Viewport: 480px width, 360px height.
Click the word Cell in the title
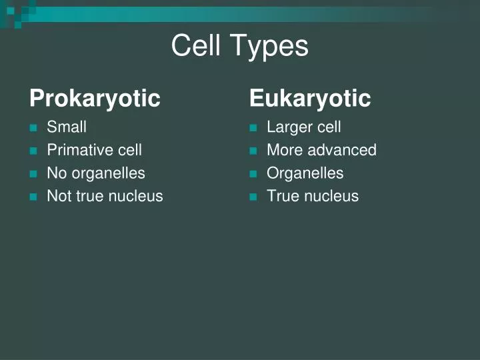(x=196, y=46)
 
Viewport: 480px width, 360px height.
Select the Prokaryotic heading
(x=95, y=99)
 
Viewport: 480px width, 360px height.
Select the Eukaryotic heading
(x=310, y=99)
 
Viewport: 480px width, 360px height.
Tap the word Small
(x=67, y=127)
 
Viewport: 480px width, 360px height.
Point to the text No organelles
(x=96, y=173)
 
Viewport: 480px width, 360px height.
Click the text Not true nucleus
(x=105, y=196)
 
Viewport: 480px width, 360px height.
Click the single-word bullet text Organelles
(x=305, y=173)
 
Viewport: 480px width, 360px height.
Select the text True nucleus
(x=313, y=196)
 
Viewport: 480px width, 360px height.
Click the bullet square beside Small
(x=33, y=128)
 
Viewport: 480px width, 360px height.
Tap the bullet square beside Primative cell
(x=33, y=151)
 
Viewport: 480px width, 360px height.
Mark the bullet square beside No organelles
(x=33, y=174)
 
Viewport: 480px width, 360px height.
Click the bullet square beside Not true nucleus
(x=33, y=197)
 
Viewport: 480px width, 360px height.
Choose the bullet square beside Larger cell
(x=253, y=128)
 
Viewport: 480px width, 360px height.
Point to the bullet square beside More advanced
(x=253, y=151)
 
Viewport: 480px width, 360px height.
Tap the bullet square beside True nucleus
(x=253, y=197)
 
